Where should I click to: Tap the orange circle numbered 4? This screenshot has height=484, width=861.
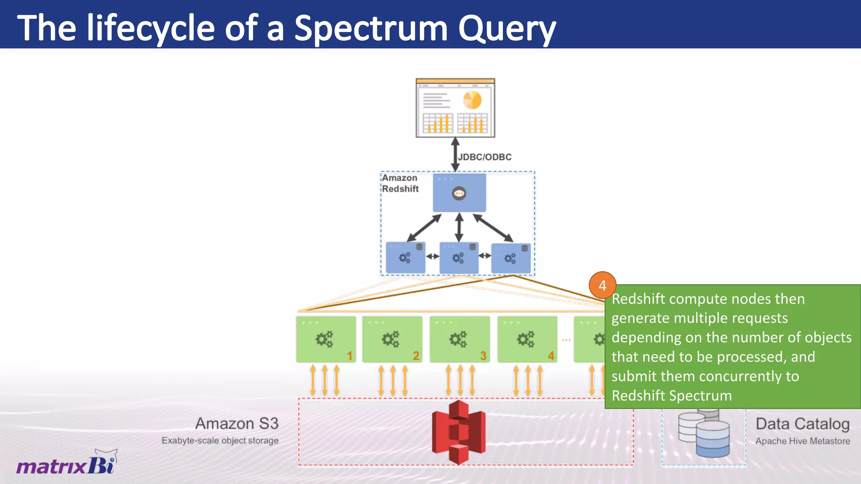click(602, 286)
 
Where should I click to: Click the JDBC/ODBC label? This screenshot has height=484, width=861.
click(485, 157)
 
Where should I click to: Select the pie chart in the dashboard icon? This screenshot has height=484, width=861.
click(472, 100)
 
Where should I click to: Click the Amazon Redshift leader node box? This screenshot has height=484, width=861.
click(459, 193)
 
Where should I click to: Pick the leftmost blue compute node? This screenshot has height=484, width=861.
click(405, 257)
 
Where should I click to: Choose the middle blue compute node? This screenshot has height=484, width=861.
click(459, 257)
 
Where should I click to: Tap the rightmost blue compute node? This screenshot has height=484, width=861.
click(511, 258)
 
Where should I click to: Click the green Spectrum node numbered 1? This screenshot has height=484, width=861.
click(326, 339)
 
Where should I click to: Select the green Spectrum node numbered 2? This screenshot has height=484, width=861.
click(392, 339)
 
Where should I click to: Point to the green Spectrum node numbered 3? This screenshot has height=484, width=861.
click(460, 339)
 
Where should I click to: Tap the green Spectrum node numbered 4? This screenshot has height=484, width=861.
click(527, 339)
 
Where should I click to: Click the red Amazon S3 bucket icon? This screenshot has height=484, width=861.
click(459, 432)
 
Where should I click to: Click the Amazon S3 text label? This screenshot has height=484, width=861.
click(237, 423)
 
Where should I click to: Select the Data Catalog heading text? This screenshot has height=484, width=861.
click(802, 424)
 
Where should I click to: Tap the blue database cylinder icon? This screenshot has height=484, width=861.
click(712, 439)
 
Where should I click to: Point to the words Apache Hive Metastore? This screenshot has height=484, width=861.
click(802, 441)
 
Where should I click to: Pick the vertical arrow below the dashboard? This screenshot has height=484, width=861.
click(455, 154)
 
